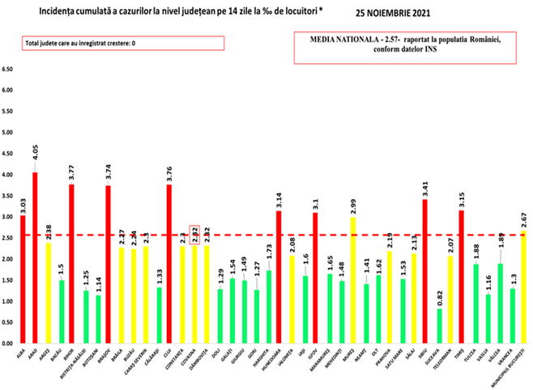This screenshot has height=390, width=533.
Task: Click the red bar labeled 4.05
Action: tap(35, 258)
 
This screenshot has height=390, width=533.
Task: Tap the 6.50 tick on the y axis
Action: tap(9, 70)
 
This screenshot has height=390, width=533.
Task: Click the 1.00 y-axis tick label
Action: tap(9, 302)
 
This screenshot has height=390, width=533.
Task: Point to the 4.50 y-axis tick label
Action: tap(9, 154)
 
